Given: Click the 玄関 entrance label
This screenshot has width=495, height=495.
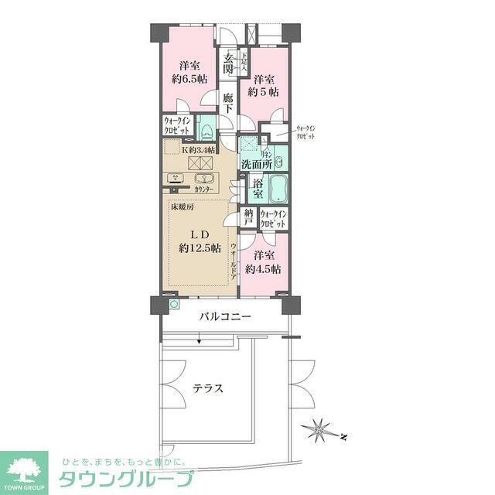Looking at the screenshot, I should [x=229, y=63].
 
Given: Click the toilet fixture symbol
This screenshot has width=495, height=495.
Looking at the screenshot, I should [x=207, y=128].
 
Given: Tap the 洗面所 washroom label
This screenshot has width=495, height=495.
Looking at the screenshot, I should [x=254, y=164].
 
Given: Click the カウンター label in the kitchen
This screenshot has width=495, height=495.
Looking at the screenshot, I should [x=205, y=189].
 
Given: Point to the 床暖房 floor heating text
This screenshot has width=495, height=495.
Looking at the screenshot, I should [x=183, y=207].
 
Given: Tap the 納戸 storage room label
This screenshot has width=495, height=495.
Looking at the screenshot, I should [x=248, y=217].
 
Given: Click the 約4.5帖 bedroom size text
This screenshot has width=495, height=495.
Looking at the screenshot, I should [x=263, y=268].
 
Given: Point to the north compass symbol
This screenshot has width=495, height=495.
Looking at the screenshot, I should [x=319, y=427].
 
